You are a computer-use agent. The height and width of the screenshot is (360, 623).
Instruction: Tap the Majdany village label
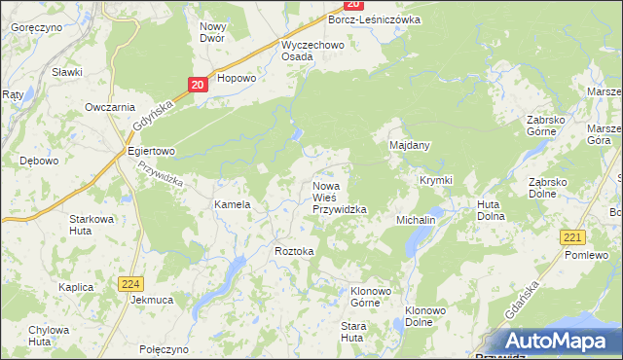(x=410, y=145)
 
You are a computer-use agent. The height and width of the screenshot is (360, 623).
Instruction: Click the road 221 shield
(x=571, y=236)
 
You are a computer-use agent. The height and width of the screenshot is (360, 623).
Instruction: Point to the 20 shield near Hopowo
(x=198, y=86)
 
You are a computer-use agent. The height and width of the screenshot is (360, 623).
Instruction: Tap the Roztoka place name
(x=295, y=251)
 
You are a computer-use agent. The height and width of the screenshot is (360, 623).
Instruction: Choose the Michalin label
(x=416, y=221)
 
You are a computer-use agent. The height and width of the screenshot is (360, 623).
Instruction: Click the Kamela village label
(x=233, y=205)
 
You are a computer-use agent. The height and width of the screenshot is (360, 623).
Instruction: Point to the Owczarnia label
(x=109, y=107)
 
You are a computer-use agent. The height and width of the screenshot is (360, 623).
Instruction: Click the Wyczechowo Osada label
(x=310, y=51)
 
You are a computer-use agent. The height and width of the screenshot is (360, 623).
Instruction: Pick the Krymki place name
(x=436, y=181)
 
